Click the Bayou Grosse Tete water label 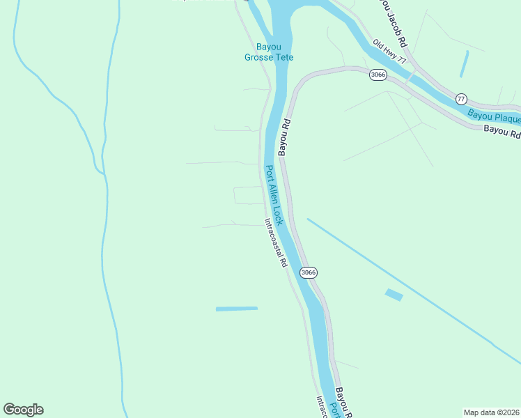[x=268, y=52]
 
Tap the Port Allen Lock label [x=274, y=195]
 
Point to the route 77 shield [x=461, y=99]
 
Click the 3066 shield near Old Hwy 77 [x=378, y=75]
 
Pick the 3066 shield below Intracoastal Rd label [x=309, y=272]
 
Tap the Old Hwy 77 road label [x=389, y=52]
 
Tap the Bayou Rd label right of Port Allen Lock [x=283, y=137]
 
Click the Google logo [x=23, y=410]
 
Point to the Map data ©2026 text [x=491, y=412]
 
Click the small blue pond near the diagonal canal [x=394, y=295]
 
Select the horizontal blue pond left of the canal [x=236, y=308]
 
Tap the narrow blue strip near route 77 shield [x=464, y=63]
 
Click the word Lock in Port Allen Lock [x=278, y=214]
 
